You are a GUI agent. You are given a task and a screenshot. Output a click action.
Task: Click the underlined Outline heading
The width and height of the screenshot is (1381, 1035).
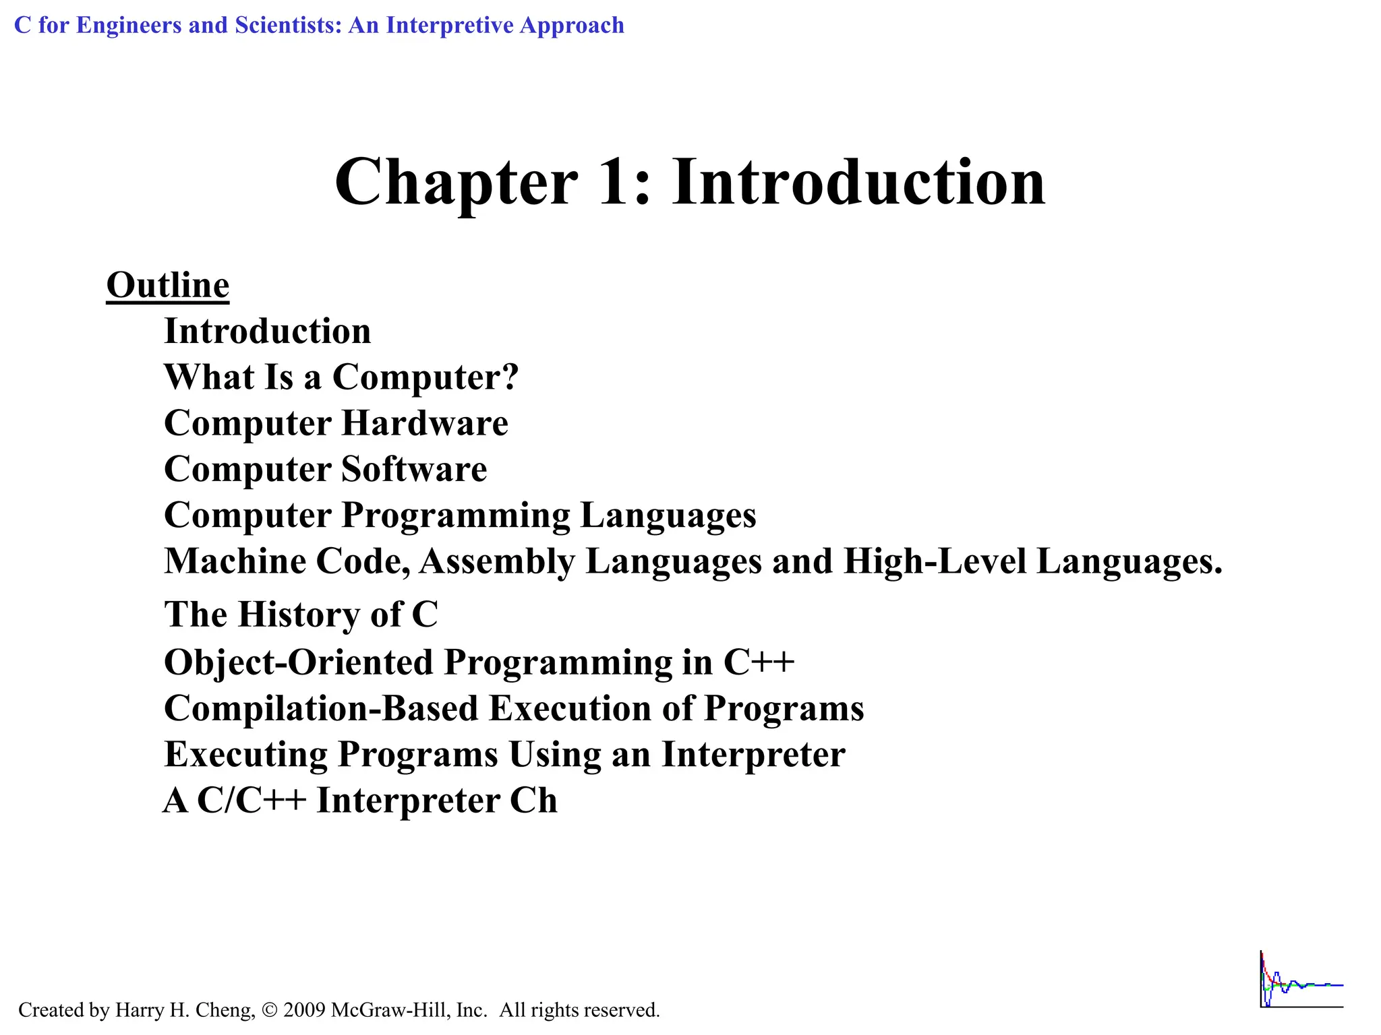(x=168, y=286)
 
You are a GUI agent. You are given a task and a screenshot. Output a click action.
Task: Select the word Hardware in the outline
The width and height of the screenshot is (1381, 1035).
(x=425, y=424)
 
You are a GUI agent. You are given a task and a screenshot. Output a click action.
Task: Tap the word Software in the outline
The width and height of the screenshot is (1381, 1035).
(x=414, y=470)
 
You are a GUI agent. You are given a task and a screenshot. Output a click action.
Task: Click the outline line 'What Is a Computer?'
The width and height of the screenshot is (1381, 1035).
(x=341, y=377)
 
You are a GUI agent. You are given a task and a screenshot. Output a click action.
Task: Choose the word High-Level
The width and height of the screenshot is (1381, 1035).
(x=935, y=561)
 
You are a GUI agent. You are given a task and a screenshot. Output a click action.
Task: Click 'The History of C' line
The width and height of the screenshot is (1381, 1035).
(x=301, y=615)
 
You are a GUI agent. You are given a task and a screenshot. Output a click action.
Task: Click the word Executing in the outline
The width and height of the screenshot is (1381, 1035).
(x=245, y=755)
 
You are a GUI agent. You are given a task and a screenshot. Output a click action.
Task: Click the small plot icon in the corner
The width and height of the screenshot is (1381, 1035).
(x=1301, y=980)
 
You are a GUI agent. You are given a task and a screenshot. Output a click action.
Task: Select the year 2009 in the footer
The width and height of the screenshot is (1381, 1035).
(x=305, y=1010)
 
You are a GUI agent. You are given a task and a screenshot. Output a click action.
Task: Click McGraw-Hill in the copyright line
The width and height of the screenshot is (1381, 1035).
(x=390, y=1010)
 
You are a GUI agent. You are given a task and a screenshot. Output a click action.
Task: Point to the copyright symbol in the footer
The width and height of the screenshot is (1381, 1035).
(x=270, y=1010)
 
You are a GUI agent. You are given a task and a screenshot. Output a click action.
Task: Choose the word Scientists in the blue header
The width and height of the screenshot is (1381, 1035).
(x=288, y=26)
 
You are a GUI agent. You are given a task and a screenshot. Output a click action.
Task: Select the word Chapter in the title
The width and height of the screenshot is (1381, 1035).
(x=456, y=182)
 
